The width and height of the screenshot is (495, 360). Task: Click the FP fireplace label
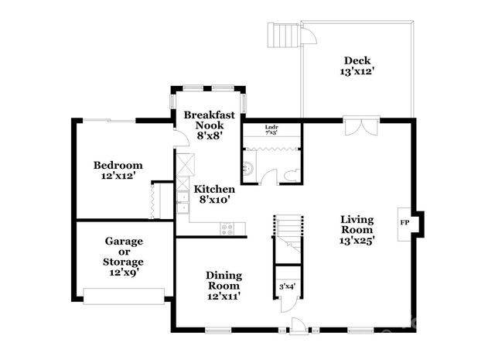pyautogui.click(x=404, y=223)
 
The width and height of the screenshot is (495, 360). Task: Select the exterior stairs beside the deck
pyautogui.click(x=282, y=35)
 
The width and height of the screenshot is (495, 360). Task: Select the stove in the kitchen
pyautogui.click(x=228, y=228)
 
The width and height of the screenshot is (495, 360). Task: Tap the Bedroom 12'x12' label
pyautogui.click(x=118, y=170)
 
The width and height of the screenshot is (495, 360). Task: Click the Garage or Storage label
pyautogui.click(x=124, y=252)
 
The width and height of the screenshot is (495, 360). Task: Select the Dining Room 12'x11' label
pyautogui.click(x=224, y=285)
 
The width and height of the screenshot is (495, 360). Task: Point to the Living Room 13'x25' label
pyautogui.click(x=357, y=230)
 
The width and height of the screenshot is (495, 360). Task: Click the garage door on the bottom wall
pyautogui.click(x=124, y=295)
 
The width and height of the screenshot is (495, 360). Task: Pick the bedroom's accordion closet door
pyautogui.click(x=155, y=201)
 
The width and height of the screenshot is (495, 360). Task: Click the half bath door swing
pyautogui.click(x=269, y=173)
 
